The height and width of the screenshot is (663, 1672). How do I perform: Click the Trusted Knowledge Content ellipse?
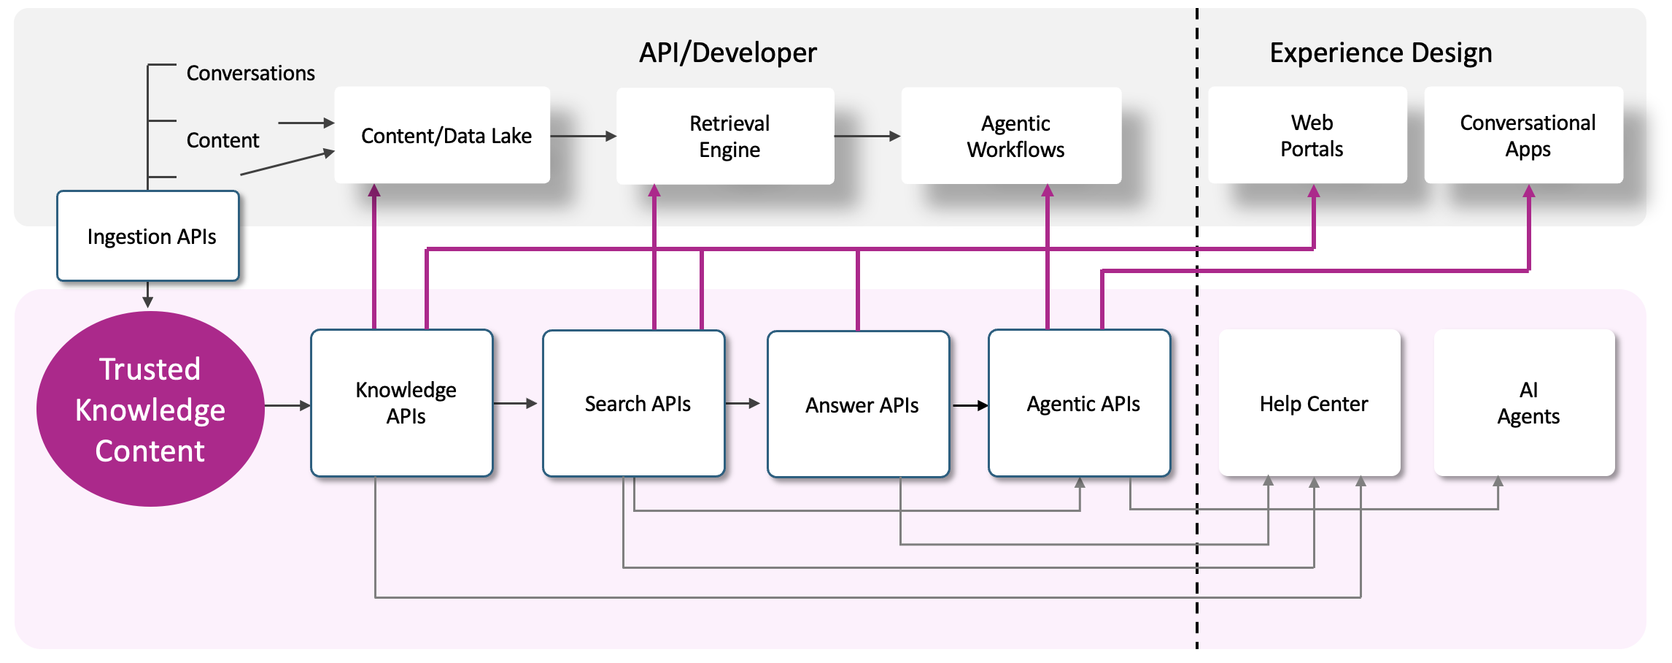(x=150, y=409)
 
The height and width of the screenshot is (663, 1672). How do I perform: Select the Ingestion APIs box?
(x=148, y=236)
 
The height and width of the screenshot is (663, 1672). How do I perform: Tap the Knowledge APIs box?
(x=402, y=403)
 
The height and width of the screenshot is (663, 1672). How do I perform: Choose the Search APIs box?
(x=634, y=403)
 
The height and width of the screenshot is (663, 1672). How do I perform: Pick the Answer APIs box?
(x=859, y=404)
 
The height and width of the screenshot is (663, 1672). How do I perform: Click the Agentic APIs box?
(x=1080, y=403)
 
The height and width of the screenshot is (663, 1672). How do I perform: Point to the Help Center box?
(x=1310, y=403)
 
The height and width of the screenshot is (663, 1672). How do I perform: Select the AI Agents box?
(x=1525, y=403)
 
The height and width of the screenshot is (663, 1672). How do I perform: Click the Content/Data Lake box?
(x=442, y=135)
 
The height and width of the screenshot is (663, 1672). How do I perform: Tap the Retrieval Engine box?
(x=725, y=136)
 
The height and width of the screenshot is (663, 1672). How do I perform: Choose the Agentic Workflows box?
(x=1011, y=136)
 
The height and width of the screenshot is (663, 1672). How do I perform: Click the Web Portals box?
(x=1307, y=135)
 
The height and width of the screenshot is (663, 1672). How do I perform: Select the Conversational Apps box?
(x=1523, y=135)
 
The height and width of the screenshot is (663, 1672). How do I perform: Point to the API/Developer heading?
(x=727, y=53)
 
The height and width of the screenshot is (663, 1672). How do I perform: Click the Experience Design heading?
(x=1380, y=53)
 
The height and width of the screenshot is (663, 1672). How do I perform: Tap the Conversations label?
(x=250, y=73)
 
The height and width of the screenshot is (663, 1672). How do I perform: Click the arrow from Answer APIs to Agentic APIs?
(x=969, y=405)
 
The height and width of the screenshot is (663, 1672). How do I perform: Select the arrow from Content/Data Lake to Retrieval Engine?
(x=583, y=136)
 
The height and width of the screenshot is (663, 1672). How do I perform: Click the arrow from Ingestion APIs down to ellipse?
(x=148, y=294)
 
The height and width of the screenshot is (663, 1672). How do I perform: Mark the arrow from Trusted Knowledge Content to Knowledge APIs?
(x=287, y=405)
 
